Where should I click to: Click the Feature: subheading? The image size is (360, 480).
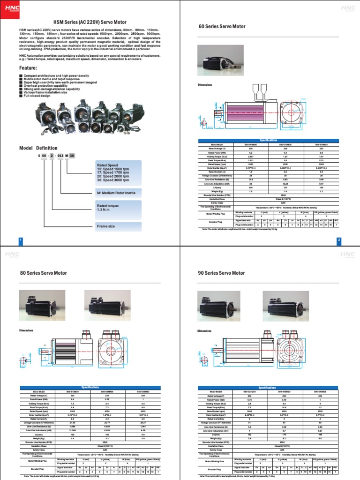coord(28,68)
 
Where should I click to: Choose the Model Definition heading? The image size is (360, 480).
coord(38,148)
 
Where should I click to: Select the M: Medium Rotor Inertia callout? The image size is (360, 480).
coord(117,193)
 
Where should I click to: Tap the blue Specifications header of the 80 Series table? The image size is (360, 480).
coord(90,387)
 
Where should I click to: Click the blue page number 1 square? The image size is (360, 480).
coord(21,240)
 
